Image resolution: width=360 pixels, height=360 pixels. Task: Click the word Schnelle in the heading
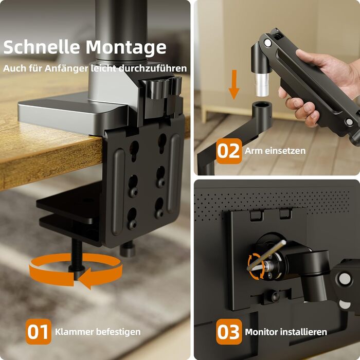(x=42, y=47)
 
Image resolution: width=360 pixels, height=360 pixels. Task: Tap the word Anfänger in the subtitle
(x=66, y=68)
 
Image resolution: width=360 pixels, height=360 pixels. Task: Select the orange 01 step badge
(x=39, y=332)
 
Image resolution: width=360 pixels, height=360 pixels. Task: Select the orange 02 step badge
(x=229, y=151)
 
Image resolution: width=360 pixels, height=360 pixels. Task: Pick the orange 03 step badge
(x=229, y=332)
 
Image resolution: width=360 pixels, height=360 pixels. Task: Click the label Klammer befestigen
(x=98, y=332)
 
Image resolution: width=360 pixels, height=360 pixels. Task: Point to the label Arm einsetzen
(x=275, y=151)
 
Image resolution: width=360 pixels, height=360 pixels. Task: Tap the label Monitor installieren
(x=286, y=332)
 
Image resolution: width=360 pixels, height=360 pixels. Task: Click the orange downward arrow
(x=234, y=84)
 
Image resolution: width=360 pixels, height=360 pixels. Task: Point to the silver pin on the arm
(x=262, y=84)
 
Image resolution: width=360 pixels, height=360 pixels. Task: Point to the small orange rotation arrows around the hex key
(x=255, y=266)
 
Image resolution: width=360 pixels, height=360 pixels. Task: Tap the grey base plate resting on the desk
(x=71, y=114)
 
